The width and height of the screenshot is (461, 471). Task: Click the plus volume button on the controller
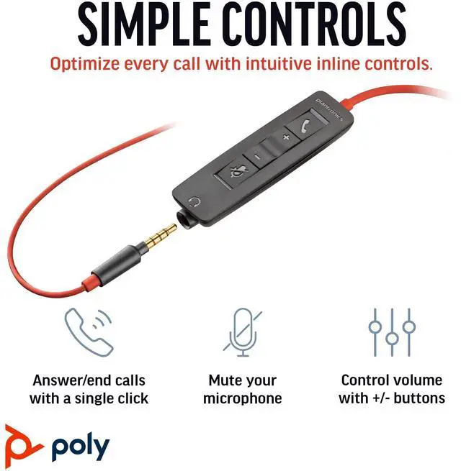[x=286, y=136]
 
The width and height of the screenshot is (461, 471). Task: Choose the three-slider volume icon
[x=392, y=332]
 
